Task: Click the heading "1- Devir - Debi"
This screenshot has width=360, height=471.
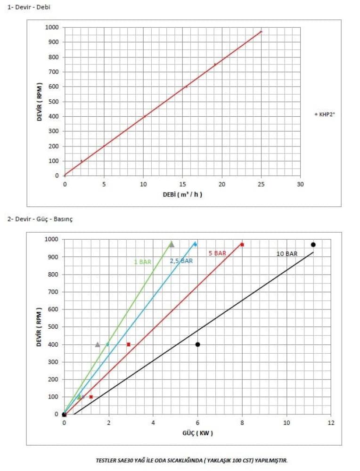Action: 28,7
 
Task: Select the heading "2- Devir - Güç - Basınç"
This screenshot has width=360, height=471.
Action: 40,219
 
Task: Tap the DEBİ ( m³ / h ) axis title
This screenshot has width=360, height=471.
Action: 182,194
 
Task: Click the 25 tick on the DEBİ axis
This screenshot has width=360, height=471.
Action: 261,184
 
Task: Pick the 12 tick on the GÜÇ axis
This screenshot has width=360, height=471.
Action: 331,422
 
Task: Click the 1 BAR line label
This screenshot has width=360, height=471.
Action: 142,262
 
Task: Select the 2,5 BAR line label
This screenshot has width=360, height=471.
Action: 181,261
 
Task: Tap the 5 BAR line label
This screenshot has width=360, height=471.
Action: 217,253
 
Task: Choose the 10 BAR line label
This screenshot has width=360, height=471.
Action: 286,254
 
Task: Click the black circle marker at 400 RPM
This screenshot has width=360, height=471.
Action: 197,344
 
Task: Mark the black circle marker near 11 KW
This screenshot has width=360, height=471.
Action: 313,244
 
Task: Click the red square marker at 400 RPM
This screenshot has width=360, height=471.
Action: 129,344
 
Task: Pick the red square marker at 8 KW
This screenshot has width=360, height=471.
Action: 242,244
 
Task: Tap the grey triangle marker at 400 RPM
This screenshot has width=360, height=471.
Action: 98,344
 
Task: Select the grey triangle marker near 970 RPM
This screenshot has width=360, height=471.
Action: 172,244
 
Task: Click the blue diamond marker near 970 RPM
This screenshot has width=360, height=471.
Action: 195,244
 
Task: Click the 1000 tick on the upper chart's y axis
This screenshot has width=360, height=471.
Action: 53,27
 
